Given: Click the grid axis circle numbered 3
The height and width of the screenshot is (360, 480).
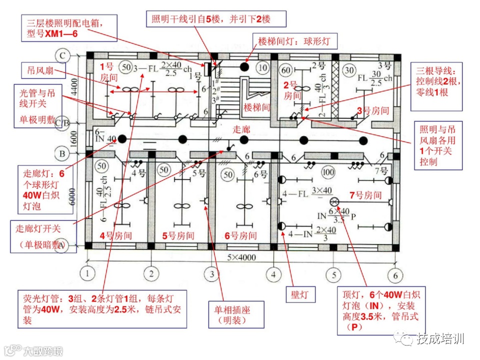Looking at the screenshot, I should [x=212, y=274].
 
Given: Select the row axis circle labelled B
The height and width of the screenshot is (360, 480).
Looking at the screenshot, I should [x=62, y=153].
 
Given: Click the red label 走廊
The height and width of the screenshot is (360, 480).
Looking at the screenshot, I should [x=241, y=129].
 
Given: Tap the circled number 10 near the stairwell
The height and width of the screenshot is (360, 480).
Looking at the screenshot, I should [x=261, y=67].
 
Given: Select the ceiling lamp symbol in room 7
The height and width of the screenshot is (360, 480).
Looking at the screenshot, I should [x=334, y=202].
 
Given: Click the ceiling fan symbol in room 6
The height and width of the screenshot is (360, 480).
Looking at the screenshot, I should [x=244, y=206].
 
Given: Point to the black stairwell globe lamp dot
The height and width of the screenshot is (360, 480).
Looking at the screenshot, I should [x=244, y=66].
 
